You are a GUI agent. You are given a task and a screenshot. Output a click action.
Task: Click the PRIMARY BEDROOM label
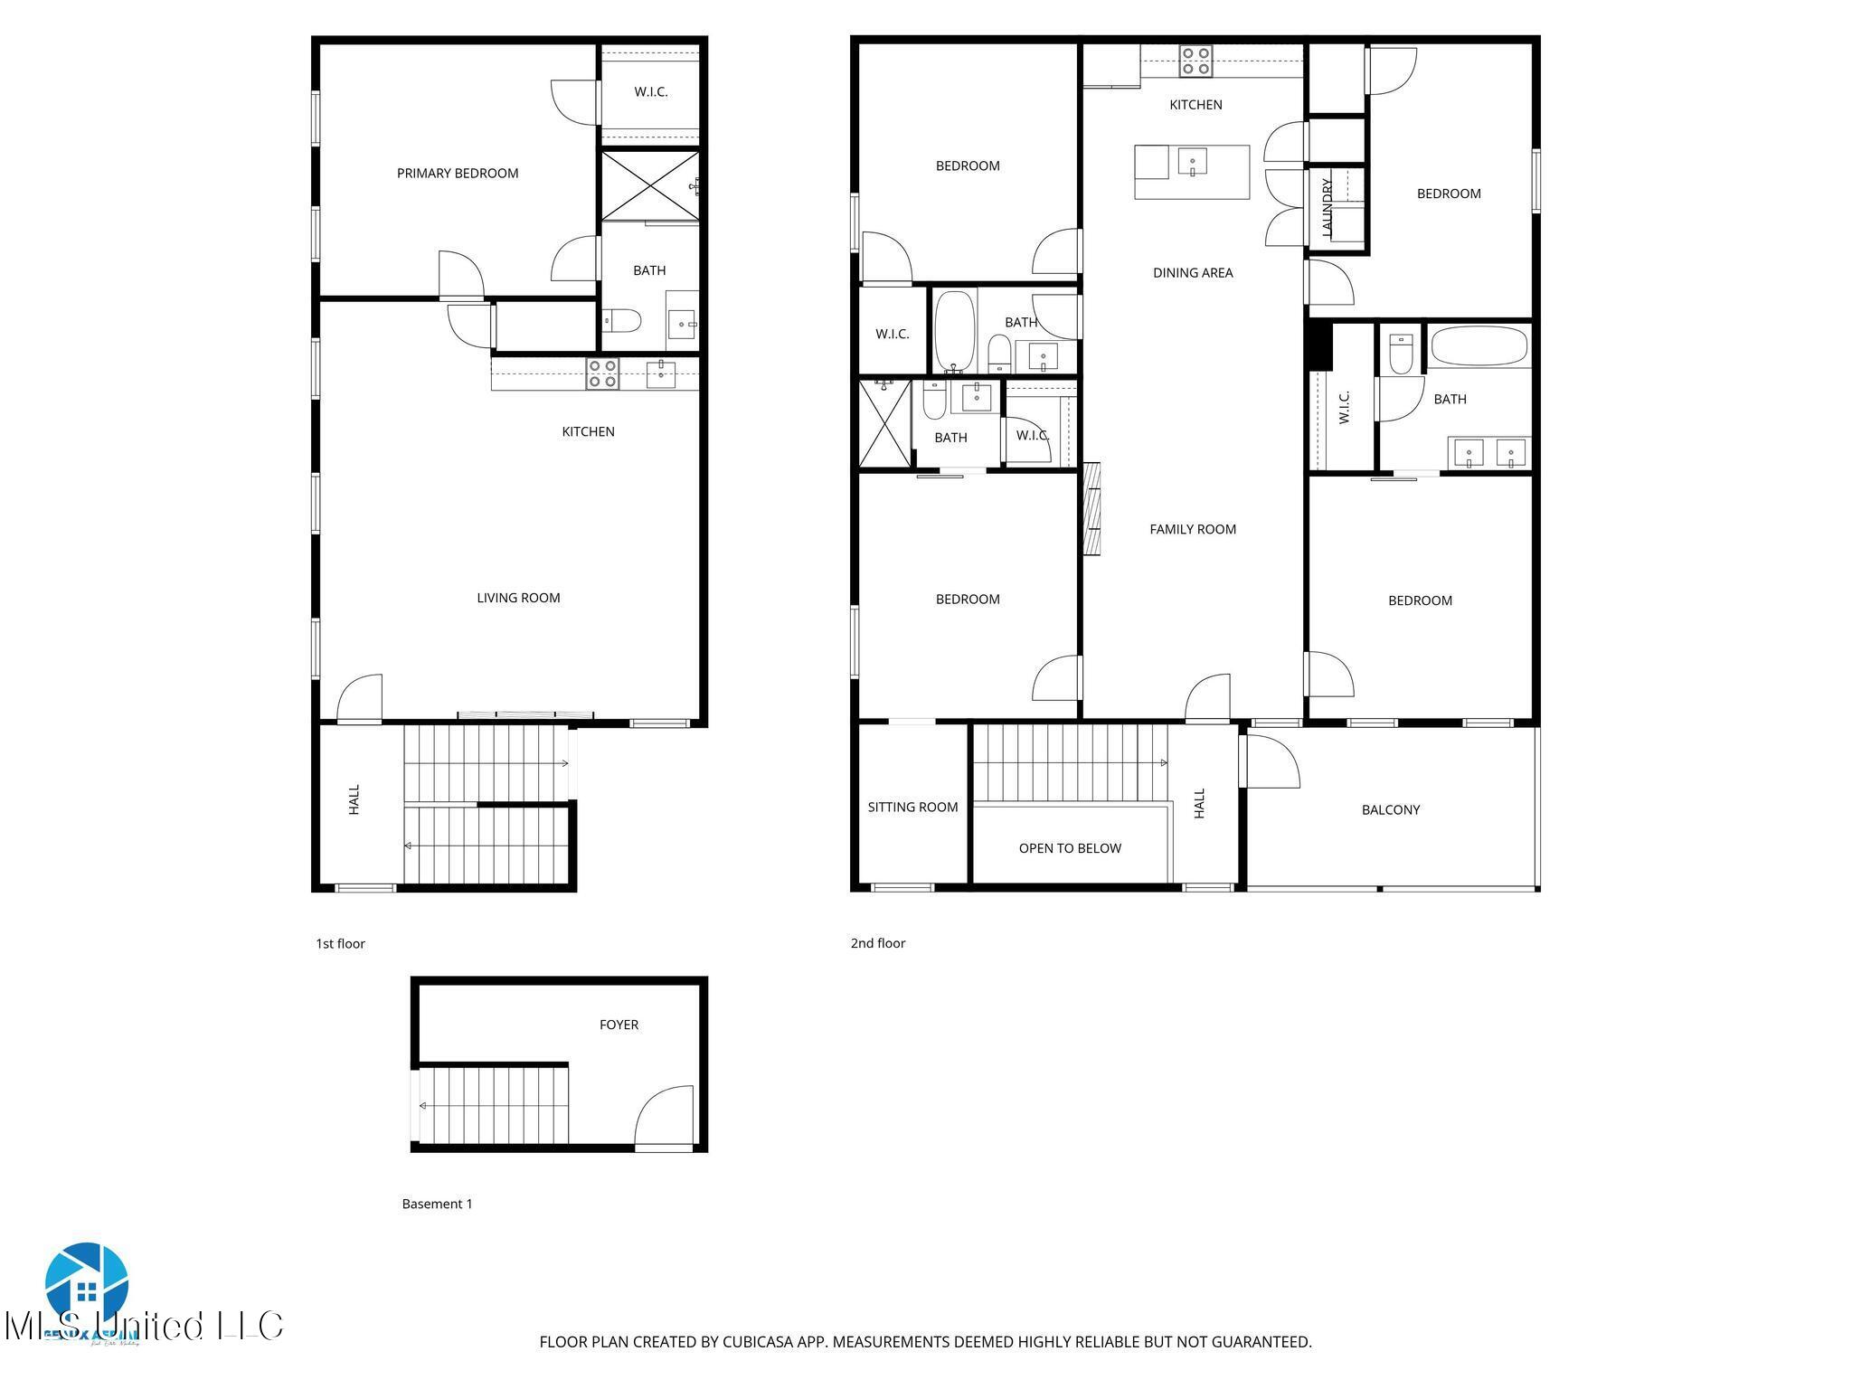(x=458, y=174)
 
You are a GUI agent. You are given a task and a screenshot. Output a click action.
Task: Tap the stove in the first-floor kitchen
(x=602, y=373)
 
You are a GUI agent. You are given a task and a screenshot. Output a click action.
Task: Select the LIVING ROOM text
(x=518, y=598)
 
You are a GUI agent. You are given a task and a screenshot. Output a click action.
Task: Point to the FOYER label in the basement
(x=619, y=1025)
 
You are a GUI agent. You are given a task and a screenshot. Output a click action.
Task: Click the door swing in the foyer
(x=665, y=1117)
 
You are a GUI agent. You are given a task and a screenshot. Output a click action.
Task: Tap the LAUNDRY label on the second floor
(x=1328, y=208)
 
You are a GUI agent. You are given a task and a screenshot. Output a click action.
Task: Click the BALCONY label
(x=1390, y=810)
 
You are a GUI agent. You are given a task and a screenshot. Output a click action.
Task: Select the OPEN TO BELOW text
(x=1070, y=848)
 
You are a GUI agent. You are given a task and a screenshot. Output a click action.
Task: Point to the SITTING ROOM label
(x=912, y=808)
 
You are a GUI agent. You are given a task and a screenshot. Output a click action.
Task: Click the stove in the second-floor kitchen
(x=1195, y=61)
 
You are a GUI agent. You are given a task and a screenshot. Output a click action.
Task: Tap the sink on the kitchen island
(x=1193, y=163)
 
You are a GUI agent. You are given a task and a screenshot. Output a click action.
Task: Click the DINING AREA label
(x=1193, y=273)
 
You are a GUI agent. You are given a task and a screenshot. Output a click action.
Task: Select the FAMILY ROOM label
(x=1193, y=530)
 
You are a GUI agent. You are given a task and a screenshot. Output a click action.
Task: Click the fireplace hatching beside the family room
(x=1092, y=509)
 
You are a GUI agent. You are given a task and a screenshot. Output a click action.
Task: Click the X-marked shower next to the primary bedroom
(x=649, y=186)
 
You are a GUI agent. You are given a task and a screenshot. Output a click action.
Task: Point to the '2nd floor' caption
(x=877, y=943)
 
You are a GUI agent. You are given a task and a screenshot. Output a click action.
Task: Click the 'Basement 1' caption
(x=437, y=1204)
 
